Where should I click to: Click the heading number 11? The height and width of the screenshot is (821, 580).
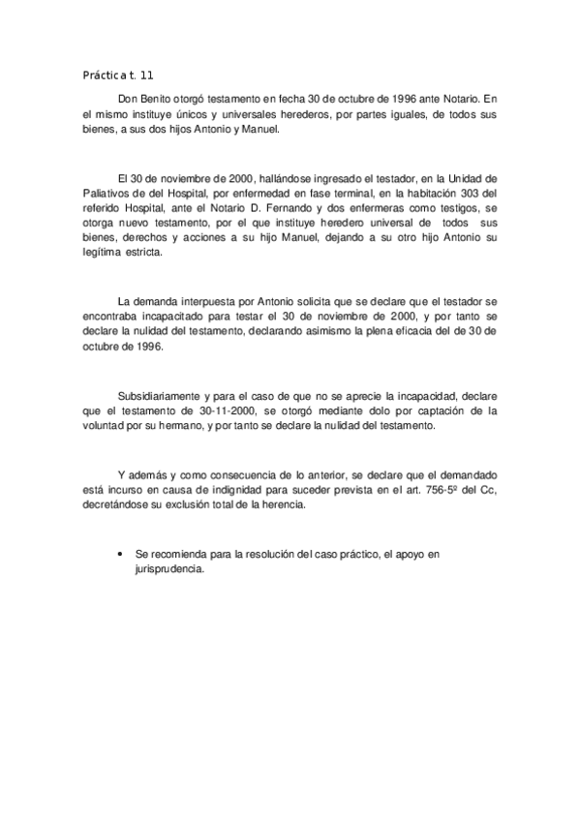(144, 75)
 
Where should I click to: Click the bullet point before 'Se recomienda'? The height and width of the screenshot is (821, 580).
(117, 557)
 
